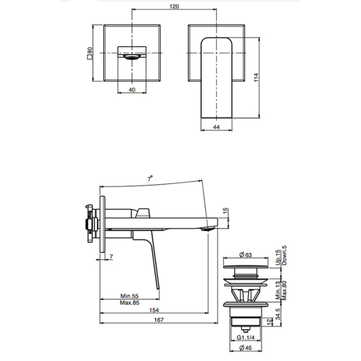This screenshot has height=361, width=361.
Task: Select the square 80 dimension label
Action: pyautogui.click(x=89, y=55)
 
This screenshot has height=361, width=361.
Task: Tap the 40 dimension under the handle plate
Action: pyautogui.click(x=131, y=90)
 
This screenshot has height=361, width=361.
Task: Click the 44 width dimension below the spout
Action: pyautogui.click(x=217, y=128)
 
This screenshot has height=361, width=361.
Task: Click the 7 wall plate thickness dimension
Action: pyautogui.click(x=112, y=257)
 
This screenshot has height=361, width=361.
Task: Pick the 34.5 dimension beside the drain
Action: pyautogui.click(x=277, y=315)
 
